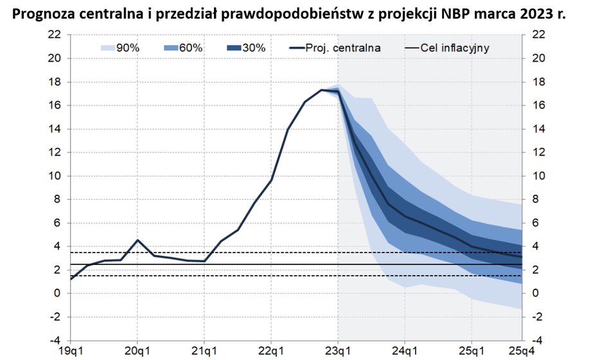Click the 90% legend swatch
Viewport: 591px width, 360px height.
pos(107,48)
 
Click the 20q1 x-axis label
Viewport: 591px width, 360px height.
pos(137,352)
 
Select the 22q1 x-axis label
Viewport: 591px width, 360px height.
pos(270,352)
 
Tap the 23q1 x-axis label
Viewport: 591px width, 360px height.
pos(338,352)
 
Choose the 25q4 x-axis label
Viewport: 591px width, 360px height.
pos(521,352)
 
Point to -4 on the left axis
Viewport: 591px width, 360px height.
pos(55,340)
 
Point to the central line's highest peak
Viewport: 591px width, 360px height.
pos(321,90)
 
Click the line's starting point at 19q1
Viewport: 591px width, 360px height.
pos(71,279)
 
